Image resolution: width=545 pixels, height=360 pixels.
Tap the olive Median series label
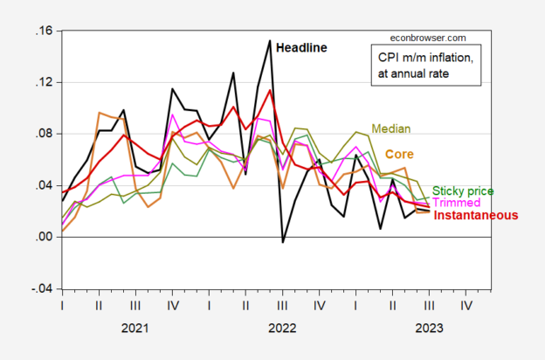click(391, 128)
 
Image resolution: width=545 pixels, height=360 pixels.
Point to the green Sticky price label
click(463, 190)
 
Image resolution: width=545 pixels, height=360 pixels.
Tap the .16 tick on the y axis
click(42, 31)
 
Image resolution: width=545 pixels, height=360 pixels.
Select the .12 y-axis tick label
click(42, 83)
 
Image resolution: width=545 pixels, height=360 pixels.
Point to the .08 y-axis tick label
click(42, 134)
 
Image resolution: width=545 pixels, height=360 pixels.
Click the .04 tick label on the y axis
click(42, 185)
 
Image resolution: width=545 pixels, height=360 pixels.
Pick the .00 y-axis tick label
click(42, 237)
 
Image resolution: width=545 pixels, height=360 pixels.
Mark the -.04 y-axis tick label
click(40, 288)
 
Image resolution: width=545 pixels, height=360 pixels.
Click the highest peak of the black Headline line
click(269, 40)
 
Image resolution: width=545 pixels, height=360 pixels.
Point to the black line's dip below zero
click(282, 242)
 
